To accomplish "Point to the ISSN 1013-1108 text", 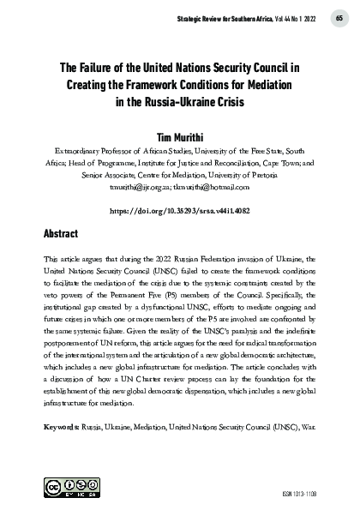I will (x=321, y=495).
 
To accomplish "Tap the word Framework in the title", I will (x=154, y=86).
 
